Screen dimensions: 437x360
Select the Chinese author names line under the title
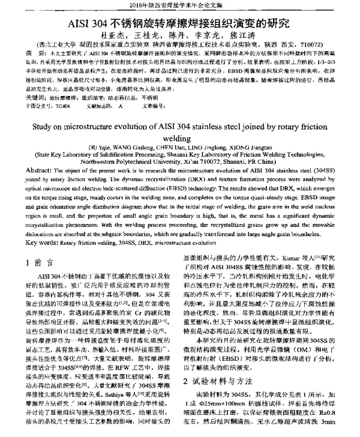click(x=179, y=37)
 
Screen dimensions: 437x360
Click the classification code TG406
click(x=62, y=104)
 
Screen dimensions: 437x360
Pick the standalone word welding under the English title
click(x=180, y=137)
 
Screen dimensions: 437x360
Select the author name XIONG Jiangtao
click(x=243, y=148)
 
